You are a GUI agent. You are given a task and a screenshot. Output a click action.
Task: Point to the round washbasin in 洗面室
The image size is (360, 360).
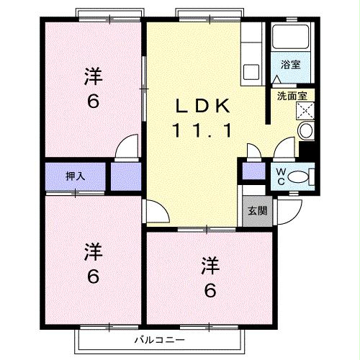305,130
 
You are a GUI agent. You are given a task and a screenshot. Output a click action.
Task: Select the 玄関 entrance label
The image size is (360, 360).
257,211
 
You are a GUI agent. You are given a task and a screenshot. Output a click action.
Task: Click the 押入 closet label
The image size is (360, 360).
75,176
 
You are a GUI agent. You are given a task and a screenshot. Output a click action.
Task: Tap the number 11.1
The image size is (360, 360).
201,131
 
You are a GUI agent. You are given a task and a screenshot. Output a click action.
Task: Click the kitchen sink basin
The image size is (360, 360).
252,71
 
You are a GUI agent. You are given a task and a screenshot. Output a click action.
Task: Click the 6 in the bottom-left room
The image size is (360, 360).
92,276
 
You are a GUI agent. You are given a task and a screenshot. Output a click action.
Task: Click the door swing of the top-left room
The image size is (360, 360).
127,147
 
